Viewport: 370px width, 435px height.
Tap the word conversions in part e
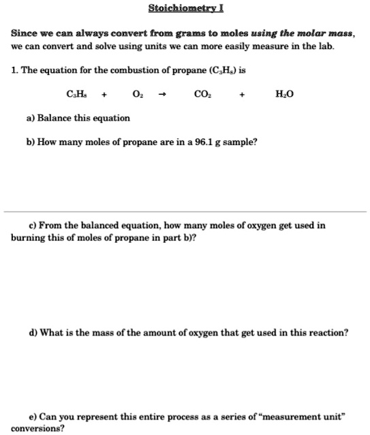35,429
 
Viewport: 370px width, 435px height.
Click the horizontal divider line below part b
185,211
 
